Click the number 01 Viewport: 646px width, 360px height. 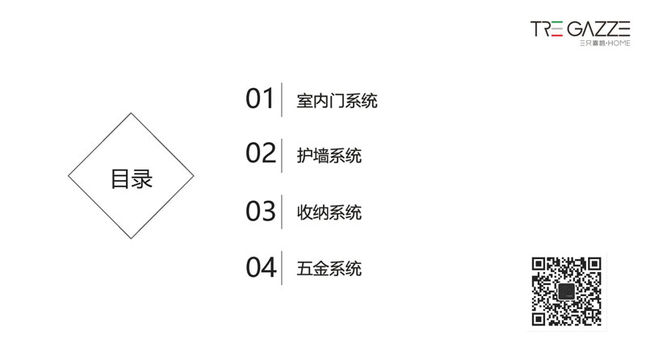pos(259,98)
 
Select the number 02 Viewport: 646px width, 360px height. pos(260,153)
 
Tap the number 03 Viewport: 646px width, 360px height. pos(260,211)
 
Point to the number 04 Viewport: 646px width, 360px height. pos(261,267)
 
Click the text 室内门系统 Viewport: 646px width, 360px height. pos(337,101)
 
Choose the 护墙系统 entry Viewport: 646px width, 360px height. pos(329,156)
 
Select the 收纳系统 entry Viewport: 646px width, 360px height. pos(329,212)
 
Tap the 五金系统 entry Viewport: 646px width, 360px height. pos(329,269)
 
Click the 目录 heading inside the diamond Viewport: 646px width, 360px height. pos(132,178)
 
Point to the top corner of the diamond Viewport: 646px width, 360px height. pos(131,113)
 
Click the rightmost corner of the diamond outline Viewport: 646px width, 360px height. pos(194,176)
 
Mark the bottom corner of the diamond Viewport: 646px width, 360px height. pos(131,238)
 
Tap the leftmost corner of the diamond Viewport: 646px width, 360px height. pos(69,176)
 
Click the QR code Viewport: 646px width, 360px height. pos(567,291)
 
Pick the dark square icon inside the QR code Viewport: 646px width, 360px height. pos(567,291)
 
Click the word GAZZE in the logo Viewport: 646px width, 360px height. pos(598,29)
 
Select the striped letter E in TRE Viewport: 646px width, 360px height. pos(556,29)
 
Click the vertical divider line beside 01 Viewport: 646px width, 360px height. pos(282,99)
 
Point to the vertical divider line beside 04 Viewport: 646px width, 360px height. pos(282,268)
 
